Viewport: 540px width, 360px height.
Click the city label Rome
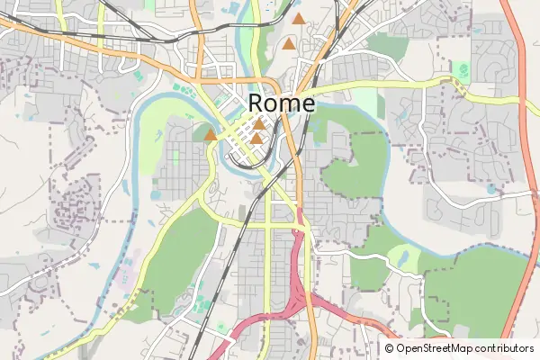281,103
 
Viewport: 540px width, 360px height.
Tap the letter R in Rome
256,103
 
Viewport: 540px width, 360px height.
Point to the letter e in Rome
308,105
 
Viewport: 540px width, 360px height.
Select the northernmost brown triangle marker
298,18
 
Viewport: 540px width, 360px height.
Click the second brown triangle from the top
288,43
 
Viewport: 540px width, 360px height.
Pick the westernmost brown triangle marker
210,135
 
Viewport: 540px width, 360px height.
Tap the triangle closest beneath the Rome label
259,125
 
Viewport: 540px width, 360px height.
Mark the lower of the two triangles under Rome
256,139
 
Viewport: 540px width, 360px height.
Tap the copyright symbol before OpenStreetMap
390,348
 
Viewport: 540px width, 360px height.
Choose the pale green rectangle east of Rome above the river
364,102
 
